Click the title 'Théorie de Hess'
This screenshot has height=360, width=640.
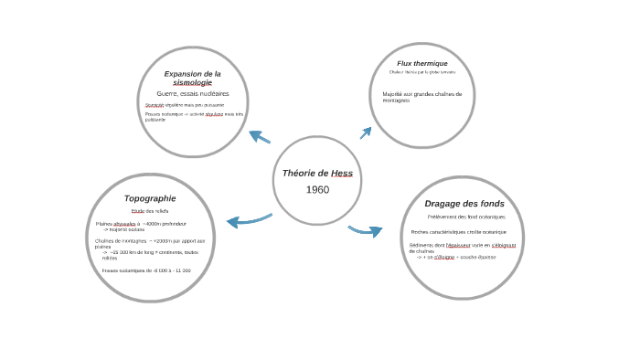(x=317, y=173)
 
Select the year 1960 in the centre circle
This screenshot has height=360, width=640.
(x=317, y=189)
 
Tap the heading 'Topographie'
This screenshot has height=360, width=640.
(x=150, y=197)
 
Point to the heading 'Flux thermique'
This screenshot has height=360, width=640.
(x=422, y=63)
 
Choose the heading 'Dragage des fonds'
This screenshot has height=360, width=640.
(x=464, y=203)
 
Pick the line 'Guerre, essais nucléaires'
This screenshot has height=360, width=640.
(x=192, y=93)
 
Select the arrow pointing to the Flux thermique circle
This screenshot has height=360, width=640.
(x=366, y=132)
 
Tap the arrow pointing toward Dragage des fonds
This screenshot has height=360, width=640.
(x=366, y=230)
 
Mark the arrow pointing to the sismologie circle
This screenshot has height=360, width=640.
(x=260, y=137)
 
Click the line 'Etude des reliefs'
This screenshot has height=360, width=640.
(x=150, y=211)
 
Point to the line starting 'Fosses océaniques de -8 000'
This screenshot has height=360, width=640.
(x=146, y=270)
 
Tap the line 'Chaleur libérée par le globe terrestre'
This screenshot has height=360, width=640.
(x=421, y=71)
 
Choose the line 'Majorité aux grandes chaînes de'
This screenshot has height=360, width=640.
(x=422, y=93)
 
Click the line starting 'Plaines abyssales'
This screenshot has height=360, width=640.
(x=140, y=224)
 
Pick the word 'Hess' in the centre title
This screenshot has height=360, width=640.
(x=341, y=173)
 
